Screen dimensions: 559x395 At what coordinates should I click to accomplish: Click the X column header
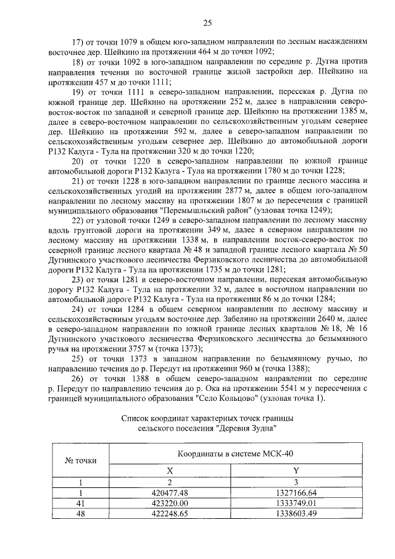pyautogui.click(x=170, y=471)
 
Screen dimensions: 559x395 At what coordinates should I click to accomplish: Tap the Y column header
pyautogui.click(x=296, y=471)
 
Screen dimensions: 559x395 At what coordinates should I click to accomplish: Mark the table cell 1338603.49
pyautogui.click(x=296, y=513)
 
